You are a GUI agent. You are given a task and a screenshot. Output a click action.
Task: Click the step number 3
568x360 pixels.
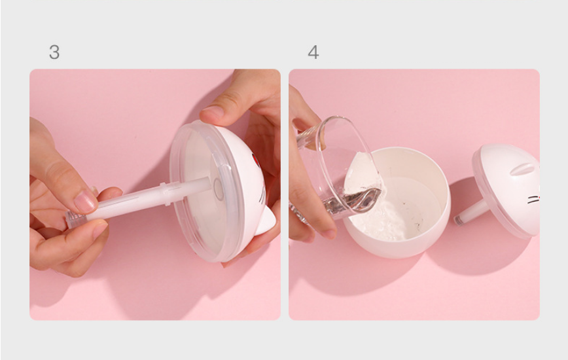54,52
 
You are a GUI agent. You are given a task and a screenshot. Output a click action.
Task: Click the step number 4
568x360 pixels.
313,52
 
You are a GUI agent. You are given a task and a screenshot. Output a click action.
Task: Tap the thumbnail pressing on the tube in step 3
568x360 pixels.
85,202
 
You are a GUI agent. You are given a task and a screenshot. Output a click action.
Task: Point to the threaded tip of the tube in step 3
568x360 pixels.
75,219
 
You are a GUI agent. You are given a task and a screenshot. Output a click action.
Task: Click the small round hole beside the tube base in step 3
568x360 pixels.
219,189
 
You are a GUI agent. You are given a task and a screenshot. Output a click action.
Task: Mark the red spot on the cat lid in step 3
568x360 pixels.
255,160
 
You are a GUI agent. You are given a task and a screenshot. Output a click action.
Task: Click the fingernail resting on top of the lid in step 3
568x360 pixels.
211,111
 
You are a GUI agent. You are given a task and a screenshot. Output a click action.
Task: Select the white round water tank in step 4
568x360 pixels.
397,203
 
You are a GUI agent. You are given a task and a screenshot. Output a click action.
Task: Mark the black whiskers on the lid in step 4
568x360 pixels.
533,200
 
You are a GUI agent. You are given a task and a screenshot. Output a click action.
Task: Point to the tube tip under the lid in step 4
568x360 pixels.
459,219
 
